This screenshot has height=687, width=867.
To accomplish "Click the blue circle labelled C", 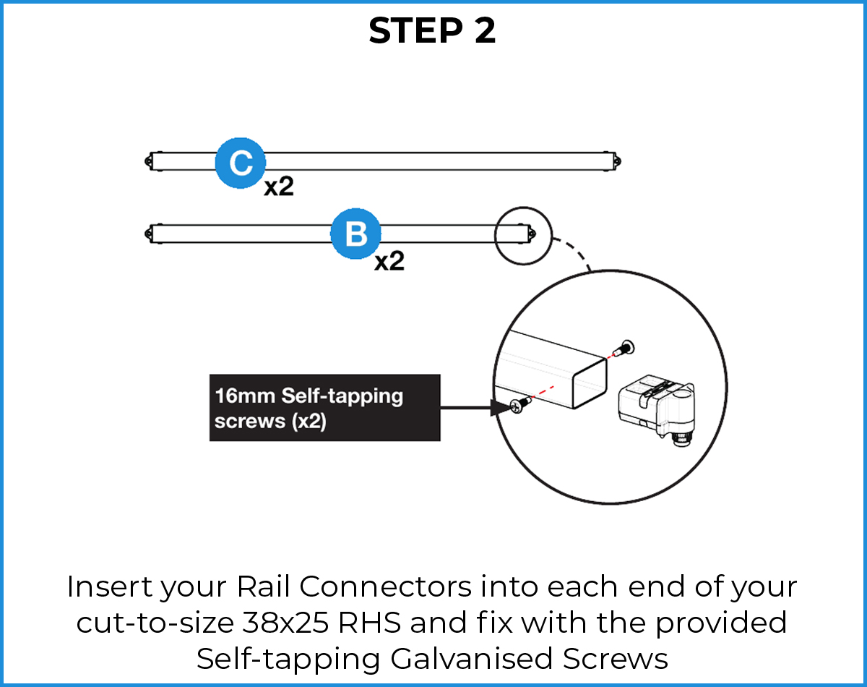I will pos(240,165).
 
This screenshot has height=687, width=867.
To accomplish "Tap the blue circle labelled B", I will pos(355,234).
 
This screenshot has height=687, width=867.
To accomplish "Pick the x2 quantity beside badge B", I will pos(389,261).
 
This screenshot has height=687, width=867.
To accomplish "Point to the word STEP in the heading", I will pos(407,31).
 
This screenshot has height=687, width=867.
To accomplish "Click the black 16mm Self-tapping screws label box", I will pos(324,407).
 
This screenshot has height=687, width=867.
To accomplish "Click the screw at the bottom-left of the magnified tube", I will pos(519,406).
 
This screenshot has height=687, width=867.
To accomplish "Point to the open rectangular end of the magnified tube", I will pos(588,383).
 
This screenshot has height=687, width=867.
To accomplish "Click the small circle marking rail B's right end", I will pos(522,235).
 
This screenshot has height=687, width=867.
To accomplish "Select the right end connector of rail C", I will pos(616,161).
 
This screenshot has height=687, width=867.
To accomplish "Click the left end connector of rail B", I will pos(150,233).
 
